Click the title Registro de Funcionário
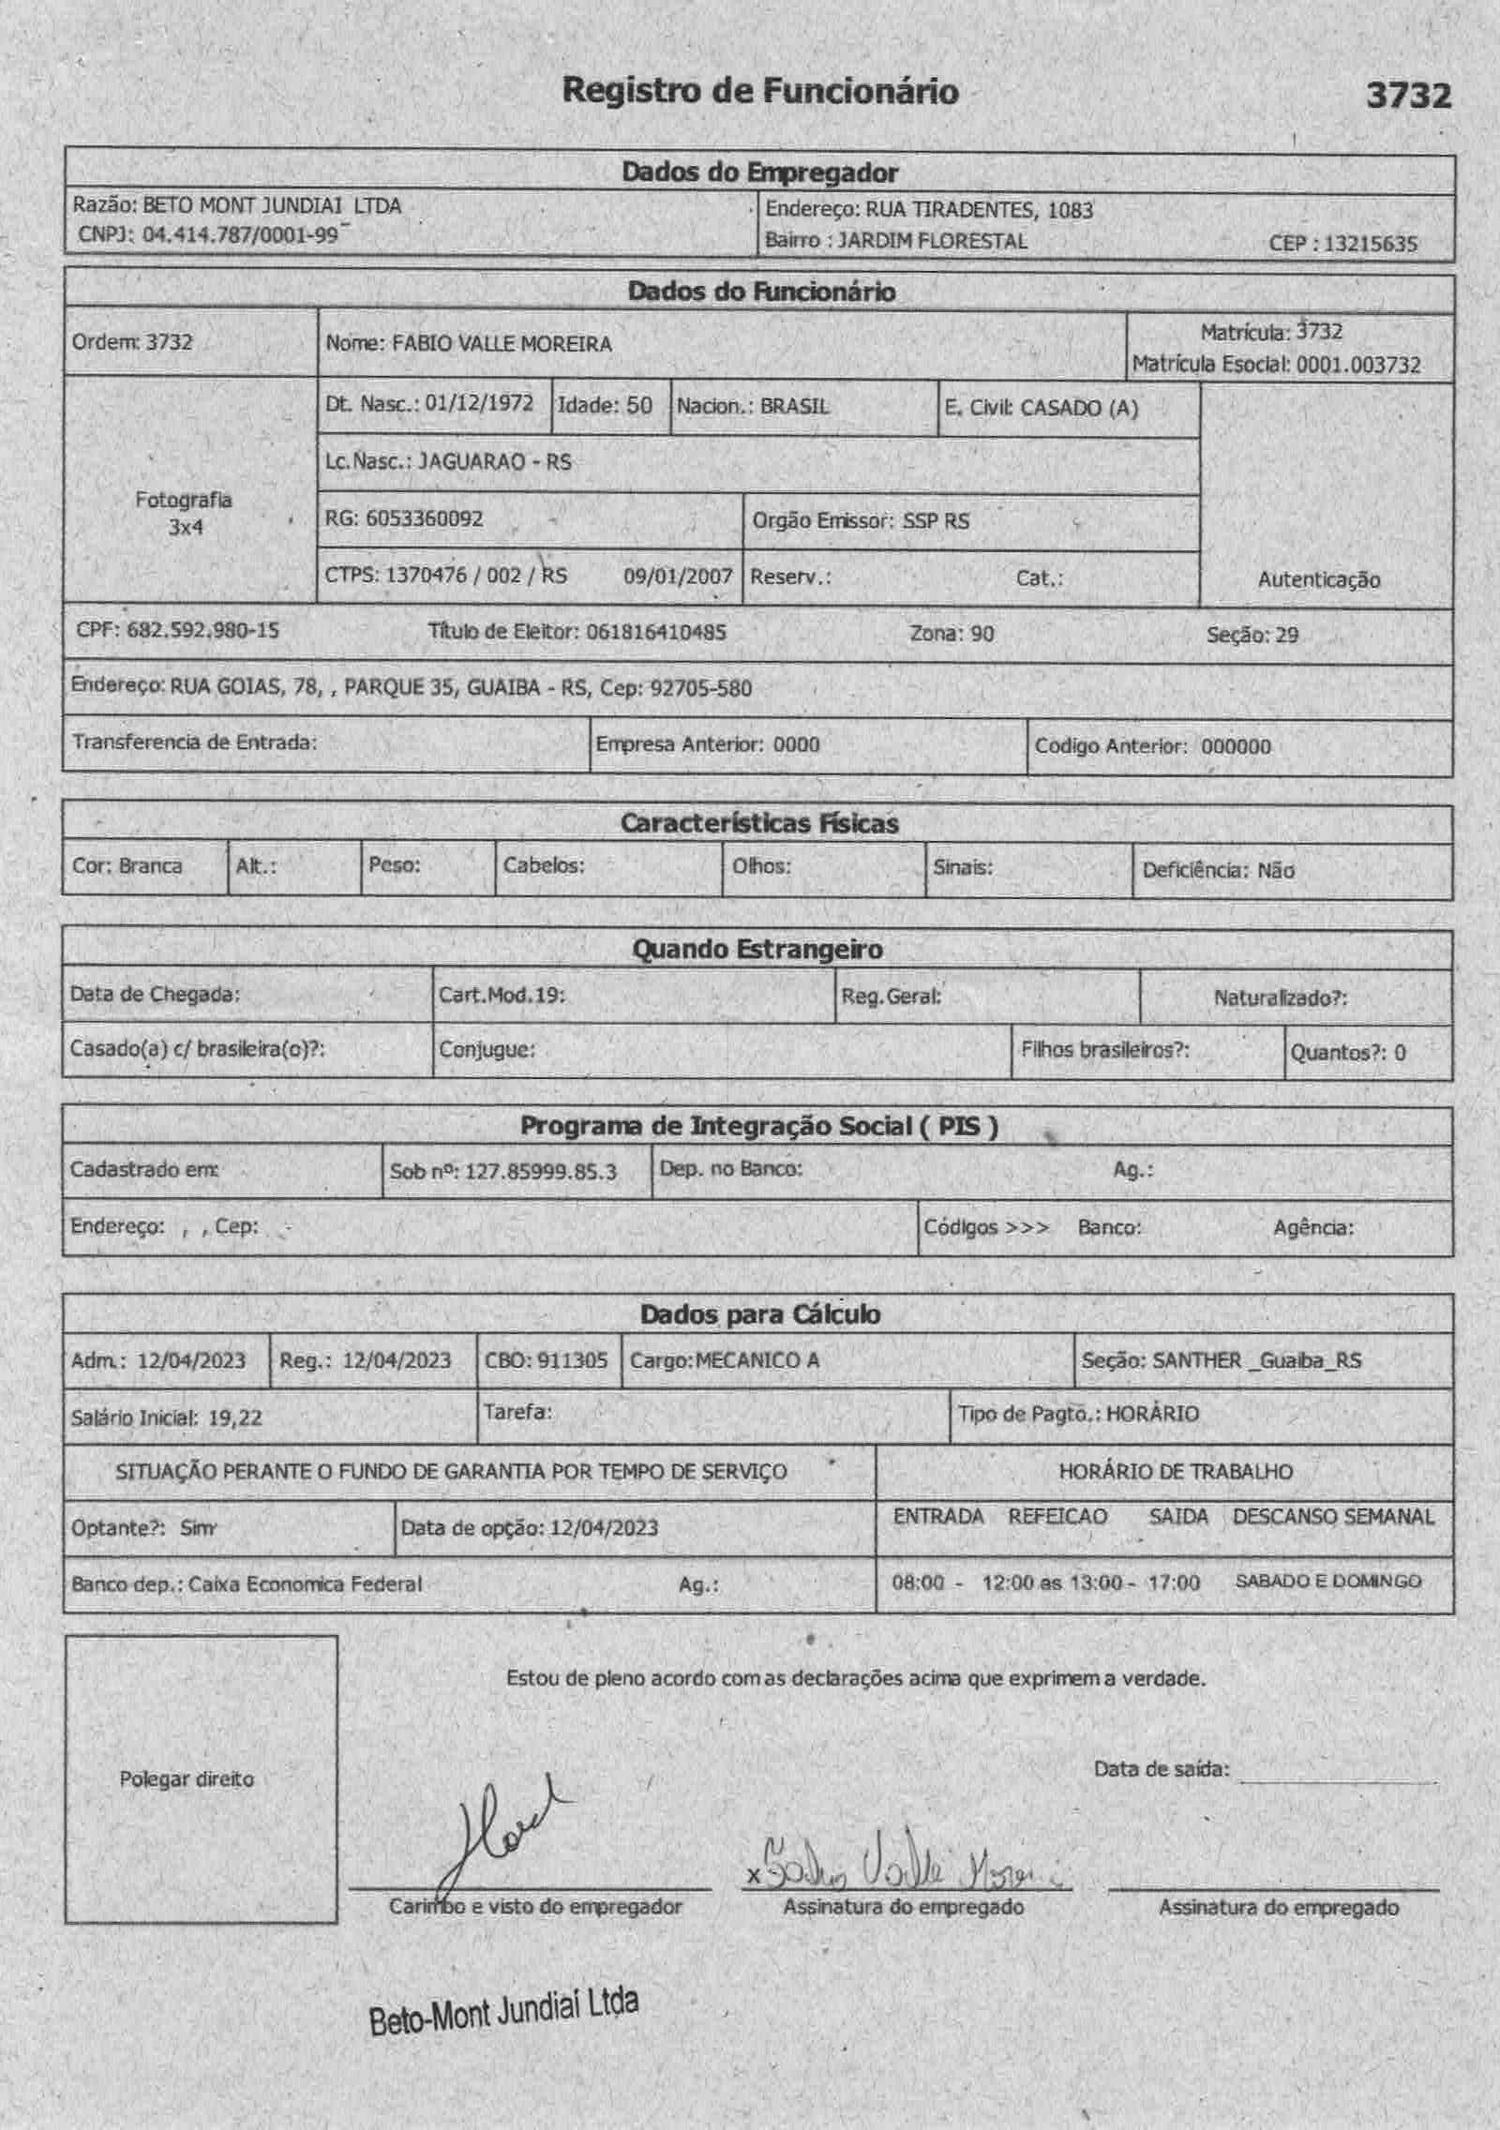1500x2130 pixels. (x=759, y=91)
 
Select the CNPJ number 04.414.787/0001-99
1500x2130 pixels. (x=239, y=234)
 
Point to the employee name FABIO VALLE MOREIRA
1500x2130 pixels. (x=502, y=343)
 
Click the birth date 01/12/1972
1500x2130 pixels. (x=478, y=403)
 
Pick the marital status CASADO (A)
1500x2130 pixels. (x=1078, y=408)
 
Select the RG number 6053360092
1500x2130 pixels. (x=424, y=518)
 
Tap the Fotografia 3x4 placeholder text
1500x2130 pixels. (x=184, y=513)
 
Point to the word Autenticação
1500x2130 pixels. (x=1318, y=579)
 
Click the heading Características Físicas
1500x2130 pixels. (x=758, y=823)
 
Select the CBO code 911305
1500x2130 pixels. (x=571, y=1360)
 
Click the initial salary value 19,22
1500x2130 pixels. (x=234, y=1417)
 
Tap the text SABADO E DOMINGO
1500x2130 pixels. (x=1327, y=1582)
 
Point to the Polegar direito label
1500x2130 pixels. (x=187, y=1779)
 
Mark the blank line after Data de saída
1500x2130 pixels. (x=1337, y=1779)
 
